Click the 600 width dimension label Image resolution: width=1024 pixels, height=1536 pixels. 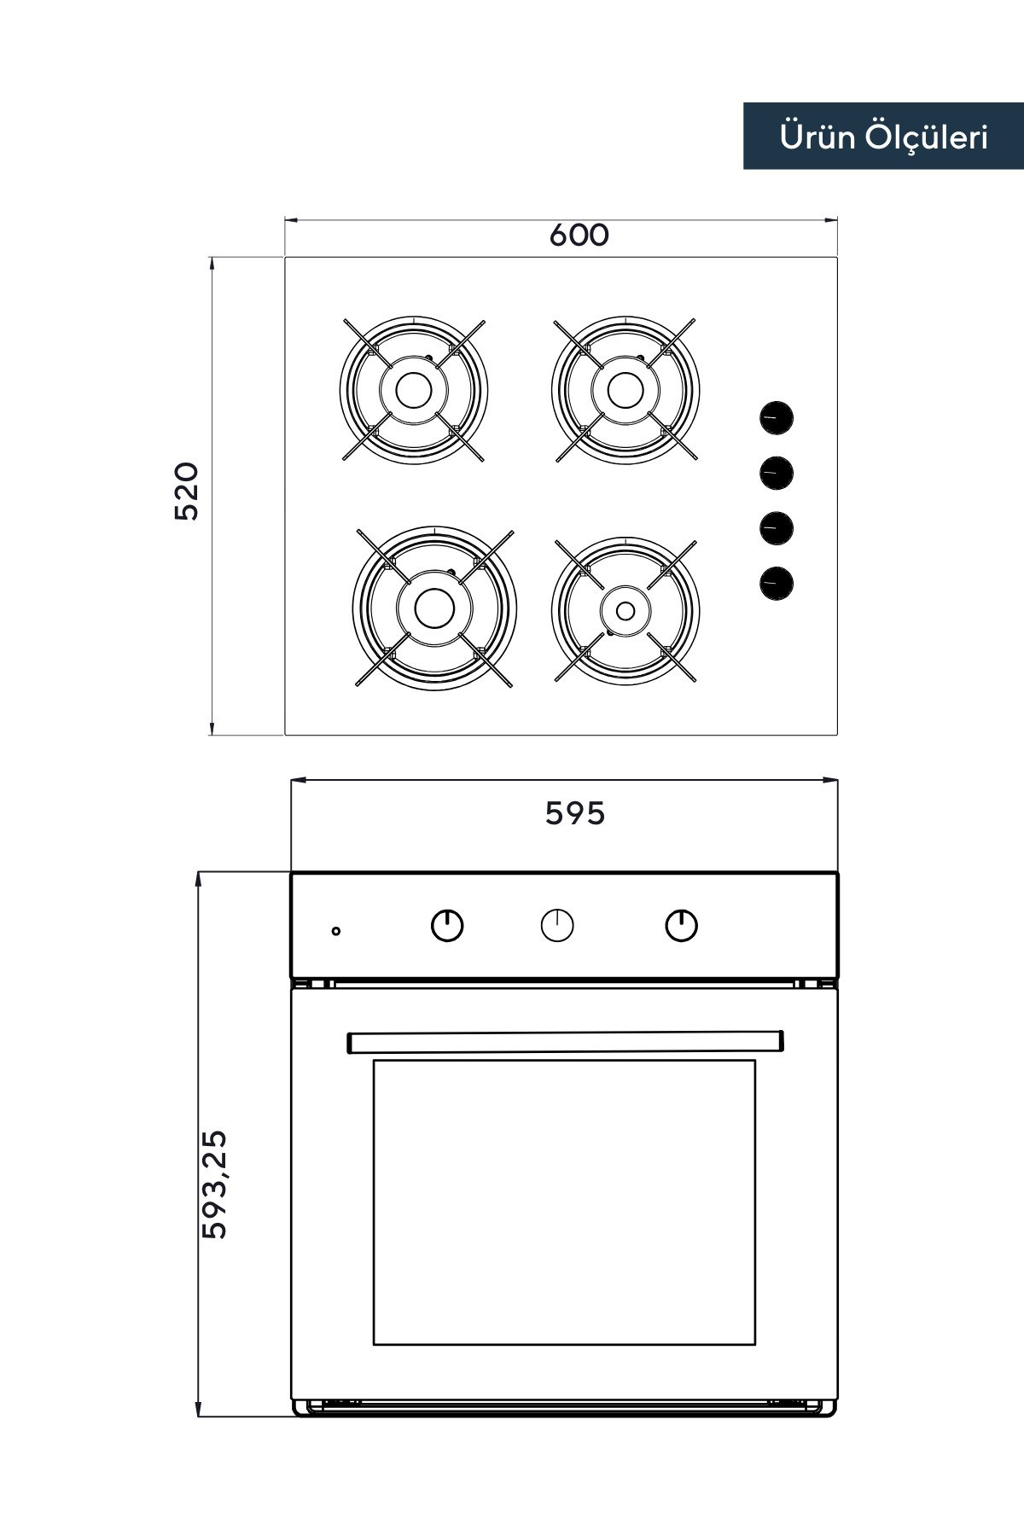tap(579, 235)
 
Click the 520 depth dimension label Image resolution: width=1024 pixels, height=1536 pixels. tap(186, 492)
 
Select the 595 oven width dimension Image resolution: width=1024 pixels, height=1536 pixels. tap(575, 813)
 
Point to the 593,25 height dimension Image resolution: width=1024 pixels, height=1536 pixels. tap(214, 1184)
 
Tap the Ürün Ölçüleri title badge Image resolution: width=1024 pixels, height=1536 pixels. tap(883, 137)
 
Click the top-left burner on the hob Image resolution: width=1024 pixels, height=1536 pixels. tap(414, 390)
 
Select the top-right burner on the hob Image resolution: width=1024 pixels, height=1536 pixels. tap(625, 390)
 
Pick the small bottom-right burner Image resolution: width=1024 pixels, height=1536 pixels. tap(625, 610)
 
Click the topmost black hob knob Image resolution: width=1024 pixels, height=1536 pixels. tap(777, 418)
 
